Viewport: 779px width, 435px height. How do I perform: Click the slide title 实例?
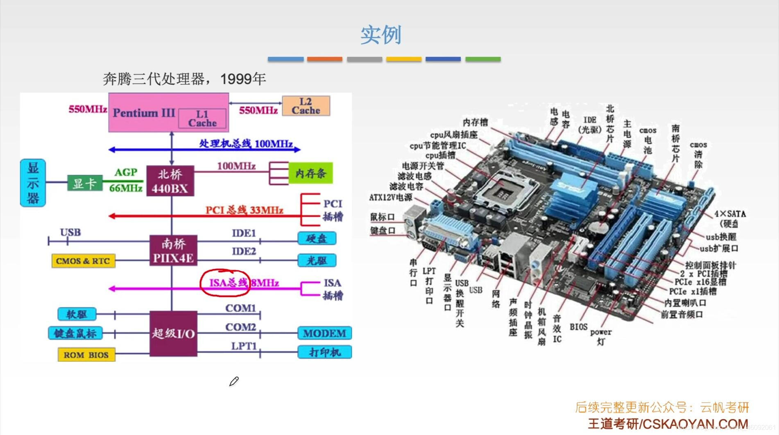click(x=380, y=35)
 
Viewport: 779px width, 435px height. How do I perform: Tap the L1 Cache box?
click(x=202, y=118)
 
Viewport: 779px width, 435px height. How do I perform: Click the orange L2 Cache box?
click(x=306, y=106)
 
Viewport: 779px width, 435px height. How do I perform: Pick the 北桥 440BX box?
click(x=170, y=181)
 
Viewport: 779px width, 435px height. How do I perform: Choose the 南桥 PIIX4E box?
click(x=173, y=251)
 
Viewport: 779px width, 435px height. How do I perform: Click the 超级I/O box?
click(x=173, y=333)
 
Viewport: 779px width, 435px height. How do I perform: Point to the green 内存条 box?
click(x=310, y=173)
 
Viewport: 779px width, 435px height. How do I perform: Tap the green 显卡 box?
click(x=84, y=183)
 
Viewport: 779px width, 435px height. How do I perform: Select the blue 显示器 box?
click(x=33, y=183)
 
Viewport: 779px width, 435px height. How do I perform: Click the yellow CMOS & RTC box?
click(x=83, y=261)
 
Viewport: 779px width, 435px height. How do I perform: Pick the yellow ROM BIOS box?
click(x=86, y=355)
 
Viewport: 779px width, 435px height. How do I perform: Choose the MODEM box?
click(x=324, y=333)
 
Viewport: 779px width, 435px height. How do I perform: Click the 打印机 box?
click(x=324, y=352)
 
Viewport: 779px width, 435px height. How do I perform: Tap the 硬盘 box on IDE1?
click(x=317, y=238)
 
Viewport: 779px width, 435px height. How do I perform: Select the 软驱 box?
click(x=77, y=314)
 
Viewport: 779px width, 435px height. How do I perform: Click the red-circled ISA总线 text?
click(x=228, y=283)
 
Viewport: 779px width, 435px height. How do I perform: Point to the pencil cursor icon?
click(x=233, y=382)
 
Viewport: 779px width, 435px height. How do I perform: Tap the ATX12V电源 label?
click(x=391, y=197)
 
